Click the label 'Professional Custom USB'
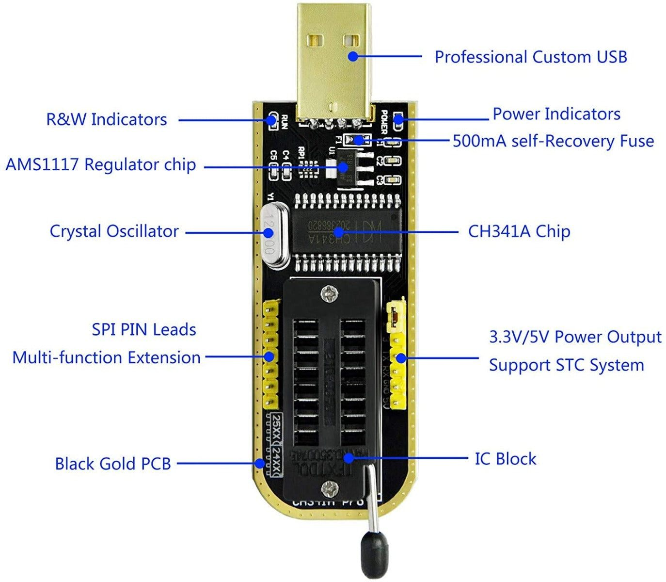[530, 57]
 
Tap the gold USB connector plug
[334, 73]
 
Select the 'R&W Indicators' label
[106, 119]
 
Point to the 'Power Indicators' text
[556, 114]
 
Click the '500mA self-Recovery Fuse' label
[553, 141]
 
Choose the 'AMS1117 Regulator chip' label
[100, 165]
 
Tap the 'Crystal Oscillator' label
[114, 231]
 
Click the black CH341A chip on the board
[347, 231]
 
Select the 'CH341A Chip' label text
[519, 231]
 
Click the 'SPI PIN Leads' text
[144, 330]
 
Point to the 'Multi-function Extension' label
[106, 358]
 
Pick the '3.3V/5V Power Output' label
[575, 337]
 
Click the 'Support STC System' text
[566, 365]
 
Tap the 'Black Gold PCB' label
[112, 464]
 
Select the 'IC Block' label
[505, 459]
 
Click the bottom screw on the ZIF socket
[332, 486]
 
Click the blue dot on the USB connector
[353, 56]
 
